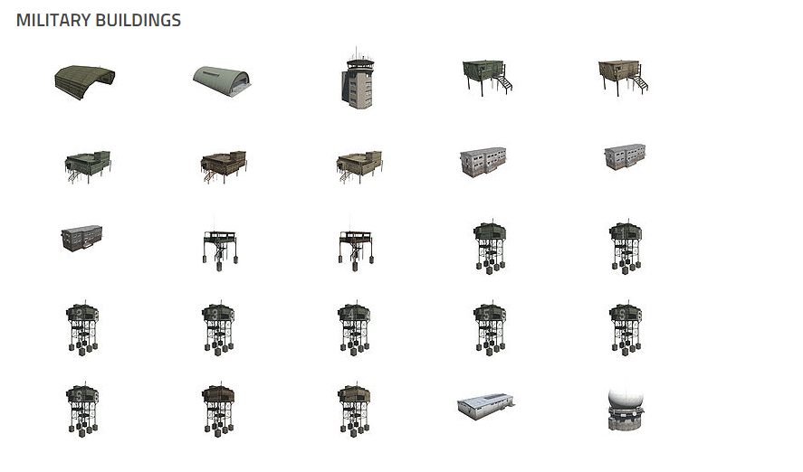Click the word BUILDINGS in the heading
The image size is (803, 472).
[139, 20]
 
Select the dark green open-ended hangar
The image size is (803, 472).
[85, 81]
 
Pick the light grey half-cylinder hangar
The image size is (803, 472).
[222, 81]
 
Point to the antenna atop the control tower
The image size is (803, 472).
[357, 53]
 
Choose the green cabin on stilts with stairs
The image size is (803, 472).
[487, 77]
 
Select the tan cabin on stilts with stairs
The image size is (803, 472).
[623, 77]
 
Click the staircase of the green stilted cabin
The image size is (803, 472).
[504, 82]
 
